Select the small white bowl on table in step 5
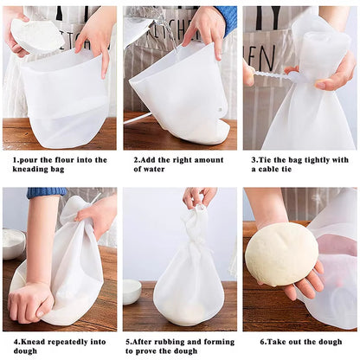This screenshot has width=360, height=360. click(132, 291)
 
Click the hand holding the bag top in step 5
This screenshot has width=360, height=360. click(198, 197)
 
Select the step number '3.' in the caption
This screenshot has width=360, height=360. click(254, 160)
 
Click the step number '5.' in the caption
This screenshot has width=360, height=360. click(129, 340)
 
